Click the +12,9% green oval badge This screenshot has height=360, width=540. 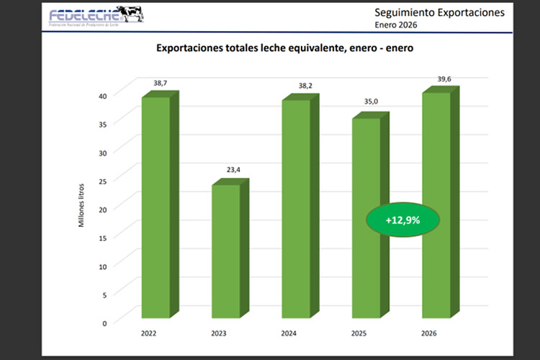tap(402, 219)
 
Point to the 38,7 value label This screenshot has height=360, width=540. tap(160, 84)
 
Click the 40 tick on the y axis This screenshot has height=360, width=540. tap(102, 96)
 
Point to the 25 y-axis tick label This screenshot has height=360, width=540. tap(102, 181)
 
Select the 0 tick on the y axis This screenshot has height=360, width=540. tap(104, 323)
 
